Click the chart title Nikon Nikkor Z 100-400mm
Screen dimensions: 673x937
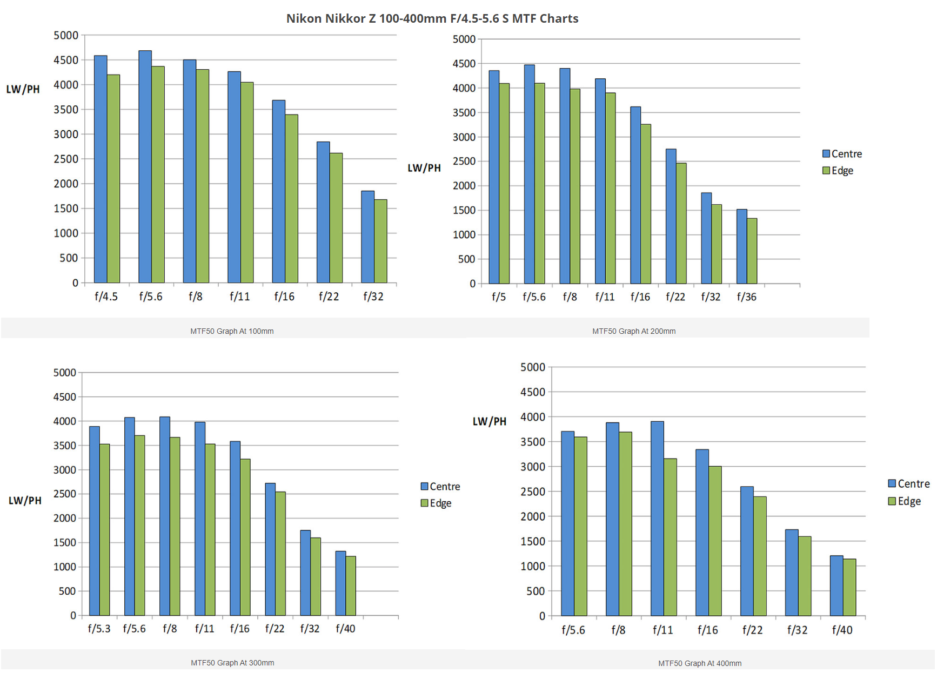[432, 18]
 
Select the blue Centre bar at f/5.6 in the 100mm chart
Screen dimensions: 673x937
[145, 167]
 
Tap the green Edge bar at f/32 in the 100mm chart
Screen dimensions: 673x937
[380, 241]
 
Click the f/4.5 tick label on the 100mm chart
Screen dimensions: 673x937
[106, 297]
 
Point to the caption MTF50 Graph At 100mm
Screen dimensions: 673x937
[232, 331]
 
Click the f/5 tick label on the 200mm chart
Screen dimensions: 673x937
[498, 297]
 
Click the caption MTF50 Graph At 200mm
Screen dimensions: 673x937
[634, 331]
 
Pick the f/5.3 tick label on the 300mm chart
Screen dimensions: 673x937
[99, 629]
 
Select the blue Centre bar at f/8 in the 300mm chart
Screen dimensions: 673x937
[165, 516]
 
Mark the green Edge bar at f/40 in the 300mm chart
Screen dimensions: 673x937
[351, 586]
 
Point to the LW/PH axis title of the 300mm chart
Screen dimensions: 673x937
[25, 501]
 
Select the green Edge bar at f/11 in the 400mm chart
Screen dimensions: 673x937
[670, 537]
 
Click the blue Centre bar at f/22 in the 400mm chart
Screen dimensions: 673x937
[747, 551]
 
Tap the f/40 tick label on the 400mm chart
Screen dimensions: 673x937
[842, 630]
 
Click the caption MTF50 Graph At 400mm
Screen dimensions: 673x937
[700, 663]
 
